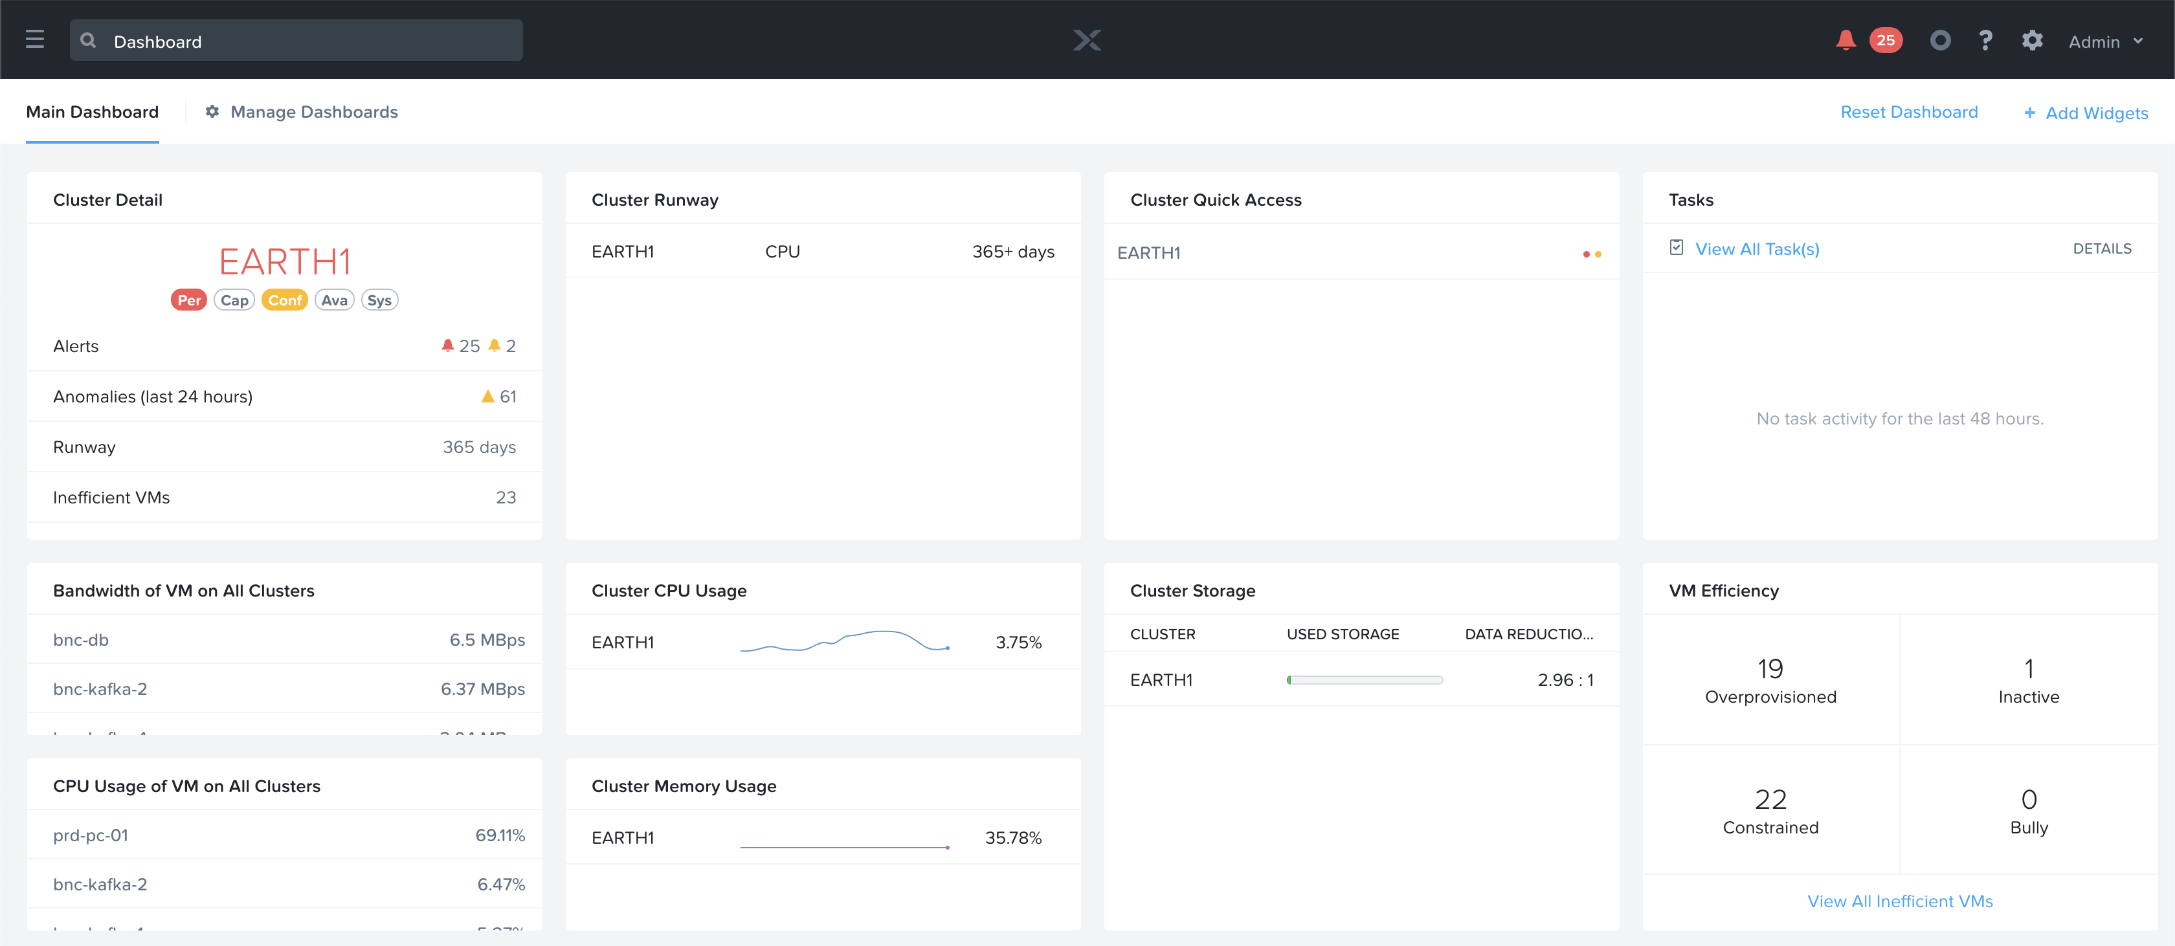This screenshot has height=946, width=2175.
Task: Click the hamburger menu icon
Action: [x=34, y=39]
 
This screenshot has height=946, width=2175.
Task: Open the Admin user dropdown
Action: [x=2105, y=41]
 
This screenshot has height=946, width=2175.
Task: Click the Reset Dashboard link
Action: [x=1908, y=112]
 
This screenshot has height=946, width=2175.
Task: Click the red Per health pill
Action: [x=188, y=300]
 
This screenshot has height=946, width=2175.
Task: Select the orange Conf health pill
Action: [x=285, y=300]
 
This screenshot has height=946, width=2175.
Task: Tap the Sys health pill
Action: [x=379, y=300]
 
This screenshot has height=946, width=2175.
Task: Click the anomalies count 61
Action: [x=507, y=397]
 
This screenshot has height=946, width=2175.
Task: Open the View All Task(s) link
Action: [x=1756, y=249]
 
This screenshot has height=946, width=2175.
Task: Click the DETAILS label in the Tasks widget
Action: [x=2102, y=249]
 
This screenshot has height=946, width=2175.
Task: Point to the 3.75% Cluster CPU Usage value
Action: [x=1018, y=642]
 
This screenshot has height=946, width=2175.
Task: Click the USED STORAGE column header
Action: [x=1343, y=633]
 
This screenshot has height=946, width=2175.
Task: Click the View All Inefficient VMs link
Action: [x=1900, y=901]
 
